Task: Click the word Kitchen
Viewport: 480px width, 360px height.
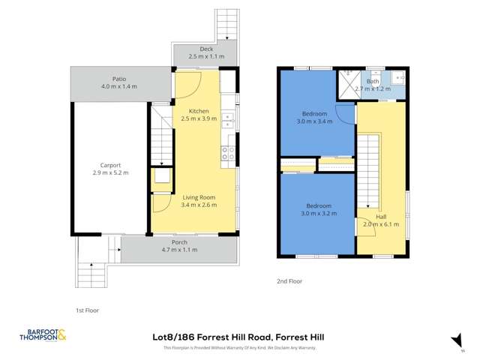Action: (199, 110)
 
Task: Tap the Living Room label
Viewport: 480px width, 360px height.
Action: (199, 196)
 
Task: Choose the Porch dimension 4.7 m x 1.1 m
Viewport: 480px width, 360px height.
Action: (179, 250)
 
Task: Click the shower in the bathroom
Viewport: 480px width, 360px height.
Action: (347, 83)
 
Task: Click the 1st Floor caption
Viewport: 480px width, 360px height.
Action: (87, 310)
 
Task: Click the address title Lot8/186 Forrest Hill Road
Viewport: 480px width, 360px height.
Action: (238, 337)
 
